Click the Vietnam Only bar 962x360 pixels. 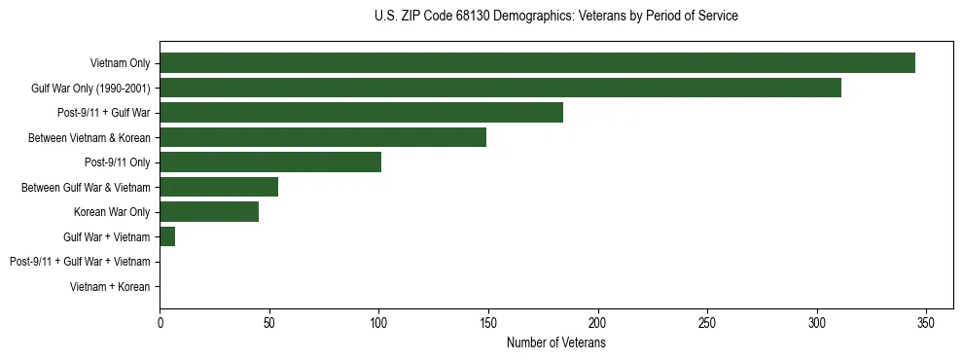537,63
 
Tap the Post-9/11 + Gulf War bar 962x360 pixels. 361,113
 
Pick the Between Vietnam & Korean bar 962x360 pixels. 323,138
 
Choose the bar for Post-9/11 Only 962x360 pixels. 270,162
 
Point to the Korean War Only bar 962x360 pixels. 209,212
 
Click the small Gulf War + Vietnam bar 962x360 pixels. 167,236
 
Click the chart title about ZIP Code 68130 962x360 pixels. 555,17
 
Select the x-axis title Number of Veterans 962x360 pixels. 555,343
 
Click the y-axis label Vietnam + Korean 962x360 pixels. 110,287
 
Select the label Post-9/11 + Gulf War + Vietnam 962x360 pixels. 80,262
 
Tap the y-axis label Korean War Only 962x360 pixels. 112,212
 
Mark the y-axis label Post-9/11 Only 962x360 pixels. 117,162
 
